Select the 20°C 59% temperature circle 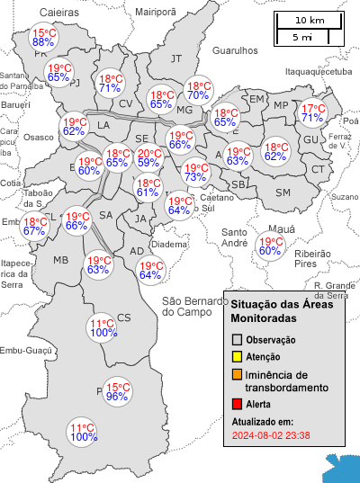[149, 157]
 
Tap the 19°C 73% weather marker [195, 172]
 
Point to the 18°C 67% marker [35, 226]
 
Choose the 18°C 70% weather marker [198, 90]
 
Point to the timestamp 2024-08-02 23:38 [271, 435]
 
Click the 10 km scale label [310, 20]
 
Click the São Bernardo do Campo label [191, 306]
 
